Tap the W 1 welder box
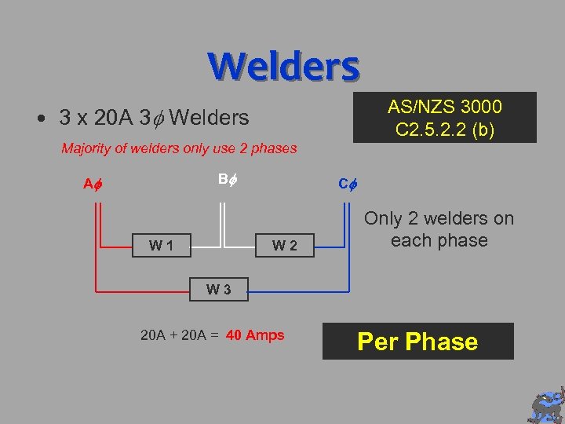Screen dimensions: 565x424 (x=162, y=246)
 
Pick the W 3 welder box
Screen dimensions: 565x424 (x=218, y=289)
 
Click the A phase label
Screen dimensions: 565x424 (x=93, y=185)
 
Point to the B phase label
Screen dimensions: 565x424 (x=226, y=179)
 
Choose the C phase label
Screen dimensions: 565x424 (x=347, y=185)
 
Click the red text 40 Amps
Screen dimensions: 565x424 (x=255, y=335)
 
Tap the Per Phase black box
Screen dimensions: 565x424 (x=417, y=342)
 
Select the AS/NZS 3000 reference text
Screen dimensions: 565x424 (x=445, y=107)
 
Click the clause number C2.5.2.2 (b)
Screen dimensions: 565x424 (x=445, y=129)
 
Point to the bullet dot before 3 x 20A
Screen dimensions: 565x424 (x=39, y=119)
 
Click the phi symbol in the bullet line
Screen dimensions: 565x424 (x=158, y=119)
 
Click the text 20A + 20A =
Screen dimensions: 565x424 (x=180, y=335)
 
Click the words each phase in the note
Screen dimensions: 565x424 (x=439, y=240)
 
